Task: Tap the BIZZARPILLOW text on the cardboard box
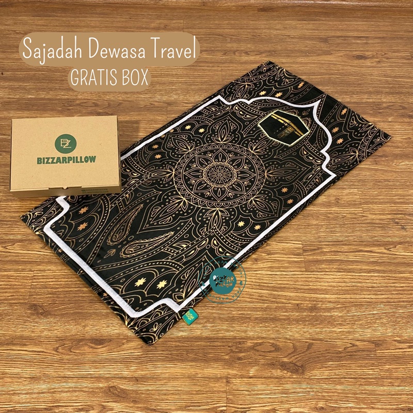(x=66, y=160)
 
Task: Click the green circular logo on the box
(x=66, y=142)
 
